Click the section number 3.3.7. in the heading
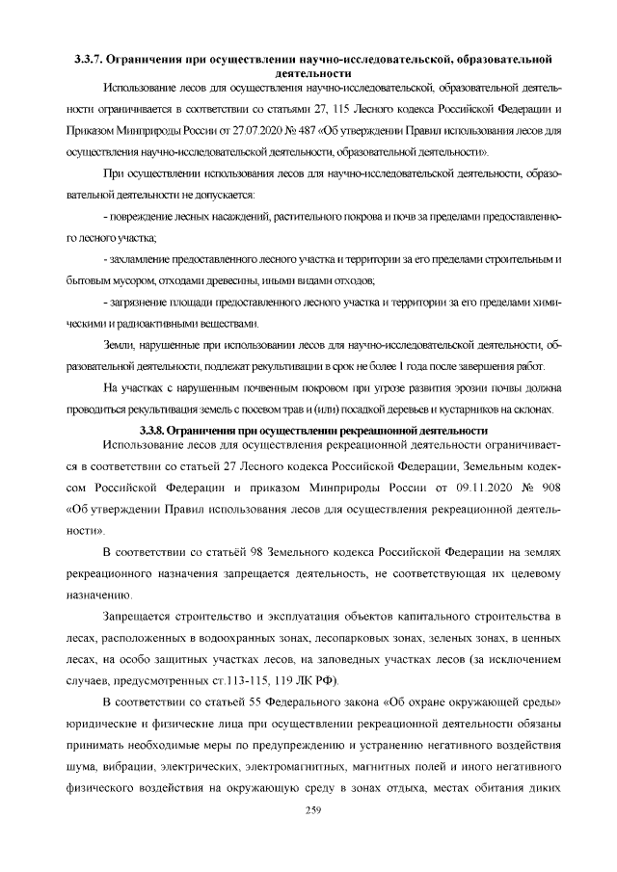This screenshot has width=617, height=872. [94, 60]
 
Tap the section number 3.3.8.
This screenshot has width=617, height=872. [155, 429]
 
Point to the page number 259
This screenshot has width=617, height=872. [308, 810]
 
